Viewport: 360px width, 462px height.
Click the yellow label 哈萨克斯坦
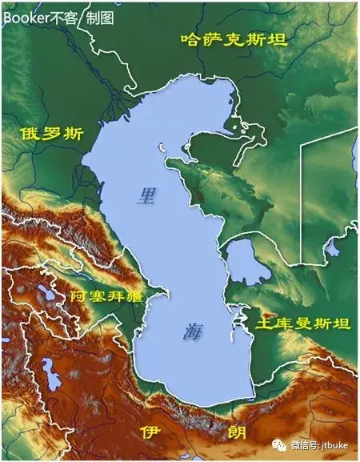tap(233, 38)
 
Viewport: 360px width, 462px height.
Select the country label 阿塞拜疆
tap(106, 296)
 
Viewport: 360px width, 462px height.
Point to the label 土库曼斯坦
tap(302, 323)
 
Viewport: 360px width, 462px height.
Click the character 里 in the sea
tap(146, 195)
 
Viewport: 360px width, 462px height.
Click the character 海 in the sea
tap(193, 331)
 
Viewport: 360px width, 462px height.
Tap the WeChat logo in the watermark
tap(278, 443)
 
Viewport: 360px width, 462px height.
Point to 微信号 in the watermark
tap(302, 444)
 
